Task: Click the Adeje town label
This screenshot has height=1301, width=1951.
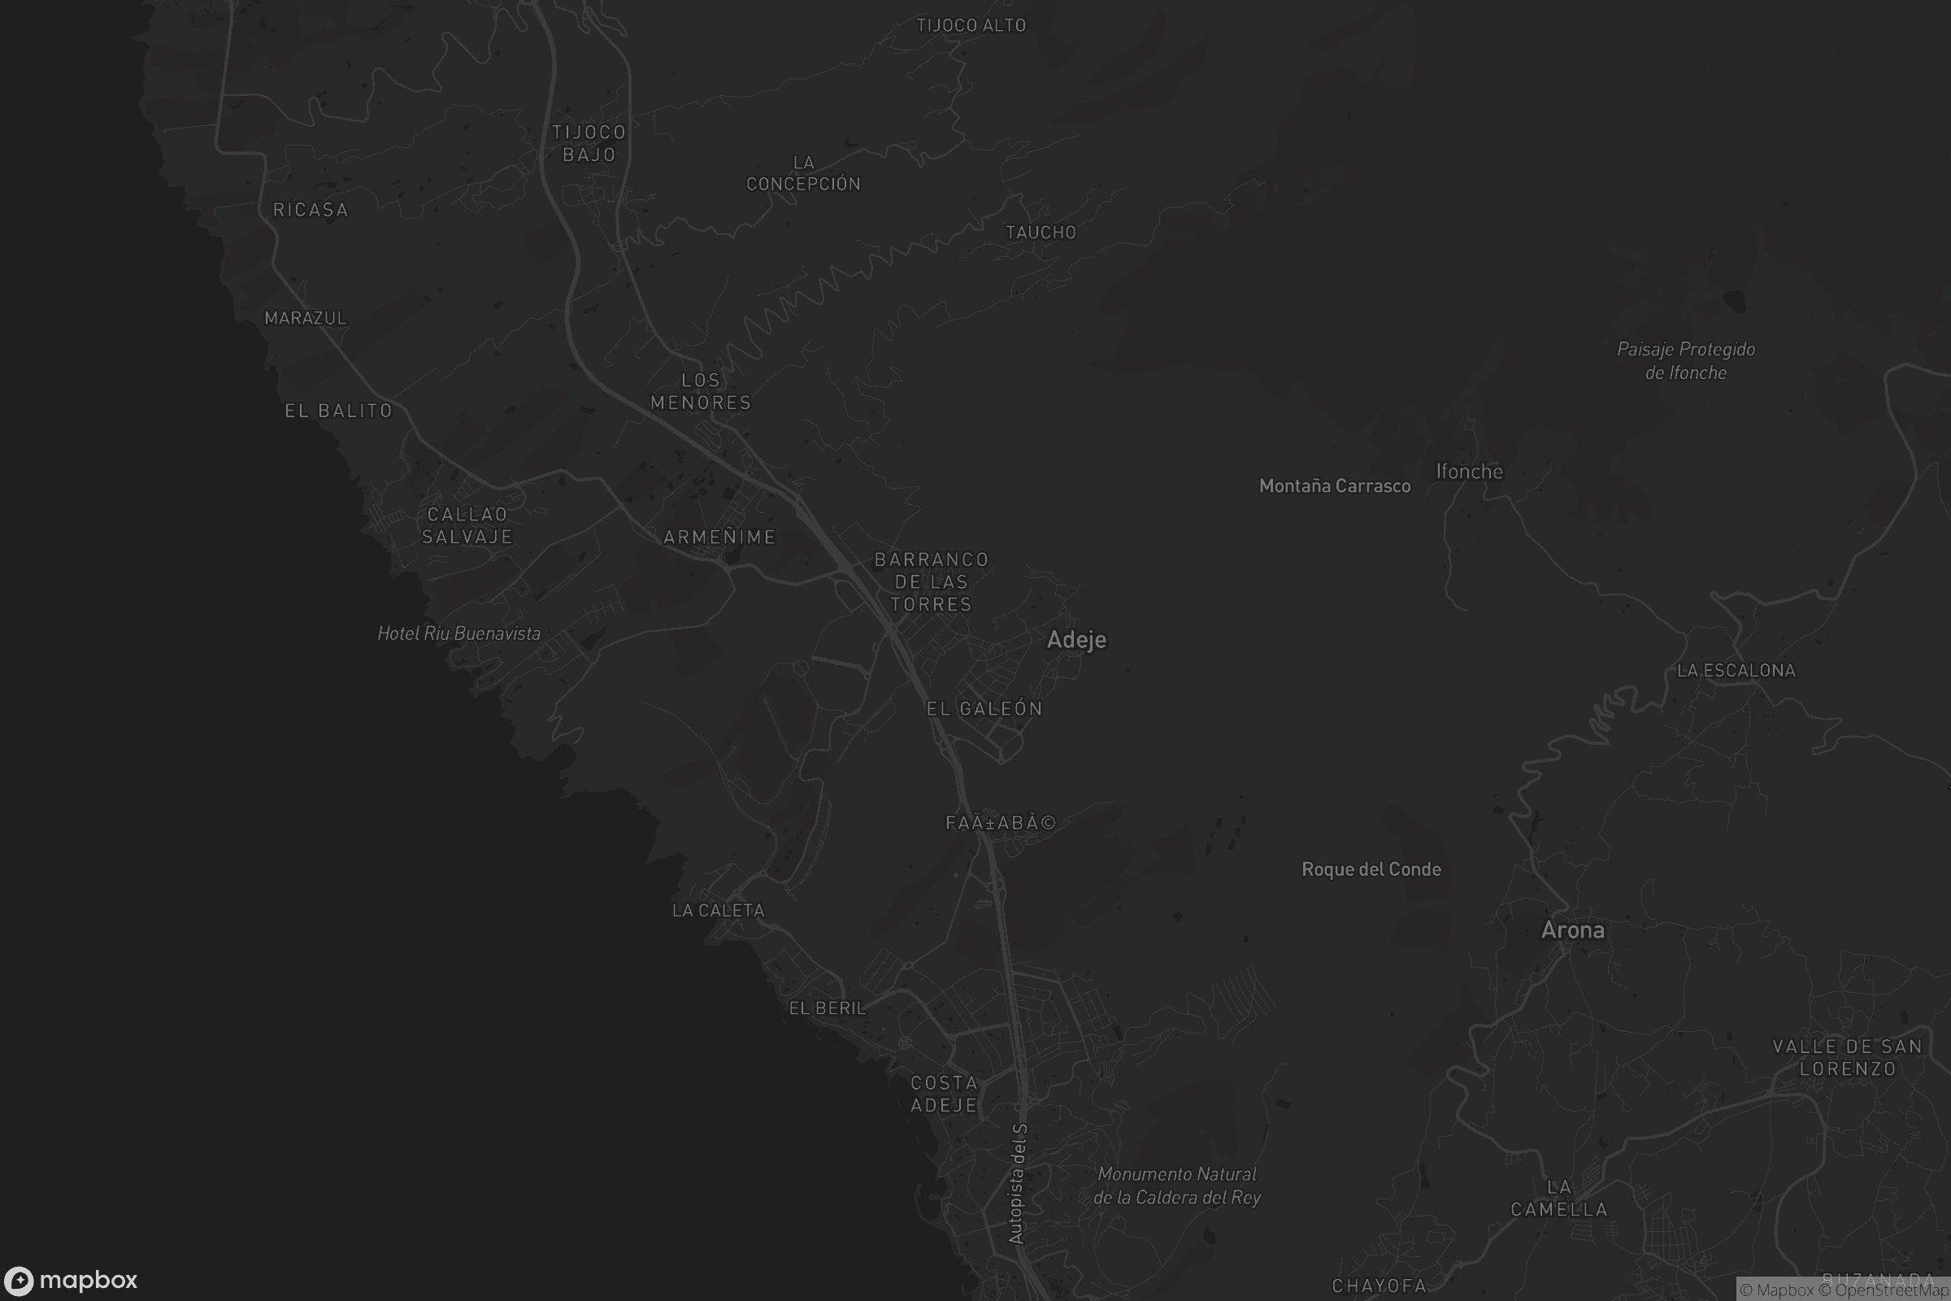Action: (1075, 640)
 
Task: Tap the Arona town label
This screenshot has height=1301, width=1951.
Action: (1572, 930)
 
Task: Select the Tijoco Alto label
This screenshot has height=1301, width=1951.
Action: (971, 26)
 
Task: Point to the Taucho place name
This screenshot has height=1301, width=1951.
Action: (1041, 233)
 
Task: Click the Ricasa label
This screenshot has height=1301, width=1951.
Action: (311, 210)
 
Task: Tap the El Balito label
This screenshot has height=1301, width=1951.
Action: (338, 411)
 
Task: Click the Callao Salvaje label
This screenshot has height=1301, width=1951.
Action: (467, 525)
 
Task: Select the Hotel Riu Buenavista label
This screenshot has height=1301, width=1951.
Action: (458, 634)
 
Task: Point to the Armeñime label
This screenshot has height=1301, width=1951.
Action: (719, 537)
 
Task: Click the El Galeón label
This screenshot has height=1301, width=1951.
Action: (984, 708)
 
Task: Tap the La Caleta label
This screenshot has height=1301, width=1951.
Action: (719, 910)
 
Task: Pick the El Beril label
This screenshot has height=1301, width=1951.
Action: (827, 1008)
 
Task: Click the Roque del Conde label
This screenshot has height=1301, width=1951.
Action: (1371, 868)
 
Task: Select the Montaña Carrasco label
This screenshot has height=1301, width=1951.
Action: (1334, 486)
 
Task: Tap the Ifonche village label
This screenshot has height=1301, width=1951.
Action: (1469, 472)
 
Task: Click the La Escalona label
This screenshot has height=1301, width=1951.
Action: (1736, 670)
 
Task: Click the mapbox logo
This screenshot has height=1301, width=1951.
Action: (70, 1280)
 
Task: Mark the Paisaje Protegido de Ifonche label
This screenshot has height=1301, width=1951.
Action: (1685, 361)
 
